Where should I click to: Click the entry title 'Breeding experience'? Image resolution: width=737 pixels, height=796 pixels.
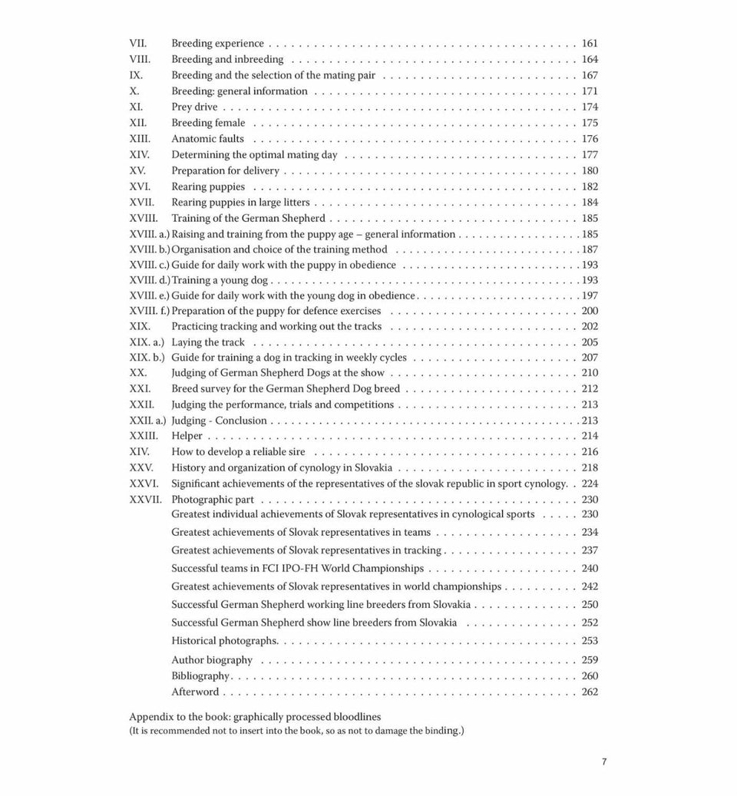tap(217, 44)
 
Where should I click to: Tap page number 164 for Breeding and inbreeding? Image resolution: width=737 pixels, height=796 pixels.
tap(590, 59)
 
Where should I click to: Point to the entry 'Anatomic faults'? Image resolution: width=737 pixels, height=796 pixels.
tap(207, 139)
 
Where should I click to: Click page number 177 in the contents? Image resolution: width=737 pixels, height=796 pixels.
tap(590, 154)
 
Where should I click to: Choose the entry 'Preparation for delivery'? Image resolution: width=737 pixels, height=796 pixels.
tap(225, 170)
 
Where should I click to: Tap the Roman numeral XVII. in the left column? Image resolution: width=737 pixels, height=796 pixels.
tap(142, 203)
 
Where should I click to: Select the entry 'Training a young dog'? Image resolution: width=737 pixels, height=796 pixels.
tap(220, 280)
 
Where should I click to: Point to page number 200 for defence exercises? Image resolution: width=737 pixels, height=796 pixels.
tap(590, 311)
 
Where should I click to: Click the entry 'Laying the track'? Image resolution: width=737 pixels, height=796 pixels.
tap(208, 342)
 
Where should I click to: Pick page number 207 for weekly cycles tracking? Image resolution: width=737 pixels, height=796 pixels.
tap(590, 358)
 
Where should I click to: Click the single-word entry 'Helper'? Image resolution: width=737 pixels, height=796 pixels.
tap(187, 436)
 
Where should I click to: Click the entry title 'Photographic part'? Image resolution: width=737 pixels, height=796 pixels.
tap(213, 499)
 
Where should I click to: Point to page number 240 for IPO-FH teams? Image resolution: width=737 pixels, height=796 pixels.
tap(590, 569)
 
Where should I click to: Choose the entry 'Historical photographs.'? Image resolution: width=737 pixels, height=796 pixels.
tap(225, 641)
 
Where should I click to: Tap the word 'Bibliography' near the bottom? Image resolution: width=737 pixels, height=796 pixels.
tap(200, 676)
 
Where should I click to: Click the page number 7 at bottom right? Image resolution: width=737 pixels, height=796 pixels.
tap(604, 762)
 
